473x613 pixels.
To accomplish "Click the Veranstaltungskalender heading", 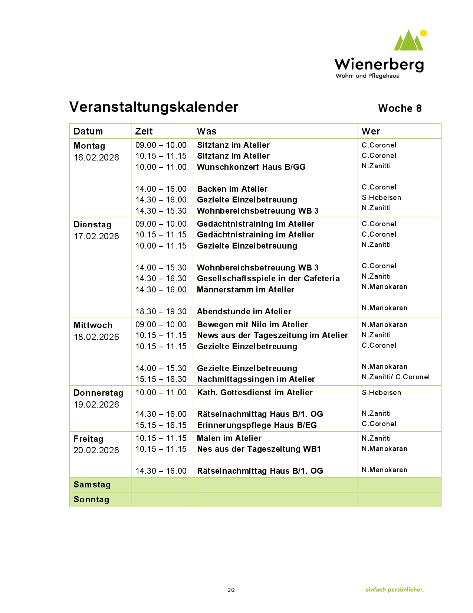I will [x=154, y=107].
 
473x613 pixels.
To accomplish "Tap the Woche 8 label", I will [x=400, y=108].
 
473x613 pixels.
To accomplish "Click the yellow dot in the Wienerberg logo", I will [x=423, y=33].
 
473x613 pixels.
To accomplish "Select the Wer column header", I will [x=371, y=131].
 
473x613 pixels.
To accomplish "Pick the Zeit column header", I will [x=144, y=131].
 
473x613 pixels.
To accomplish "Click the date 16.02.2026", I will [x=96, y=158].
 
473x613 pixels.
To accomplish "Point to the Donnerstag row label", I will [x=98, y=393].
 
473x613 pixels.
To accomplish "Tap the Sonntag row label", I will [x=91, y=499].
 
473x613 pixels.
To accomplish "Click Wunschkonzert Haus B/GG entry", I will [x=251, y=167].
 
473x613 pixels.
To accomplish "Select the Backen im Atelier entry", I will [x=232, y=189].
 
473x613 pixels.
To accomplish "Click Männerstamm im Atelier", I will [x=245, y=290].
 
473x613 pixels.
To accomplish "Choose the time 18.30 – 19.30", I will [x=161, y=312].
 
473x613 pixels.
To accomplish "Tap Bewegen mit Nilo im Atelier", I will [x=252, y=325].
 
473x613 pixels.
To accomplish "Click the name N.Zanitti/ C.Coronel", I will [x=395, y=377].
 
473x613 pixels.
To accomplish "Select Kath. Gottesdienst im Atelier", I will [x=254, y=393].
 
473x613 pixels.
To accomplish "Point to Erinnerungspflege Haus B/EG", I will [x=257, y=425].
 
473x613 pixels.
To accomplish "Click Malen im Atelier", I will [x=229, y=438].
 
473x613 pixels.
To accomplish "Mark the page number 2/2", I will [x=231, y=590].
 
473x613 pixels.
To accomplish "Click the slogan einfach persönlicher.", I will [x=394, y=590].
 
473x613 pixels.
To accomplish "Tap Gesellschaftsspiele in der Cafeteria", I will [x=268, y=279].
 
